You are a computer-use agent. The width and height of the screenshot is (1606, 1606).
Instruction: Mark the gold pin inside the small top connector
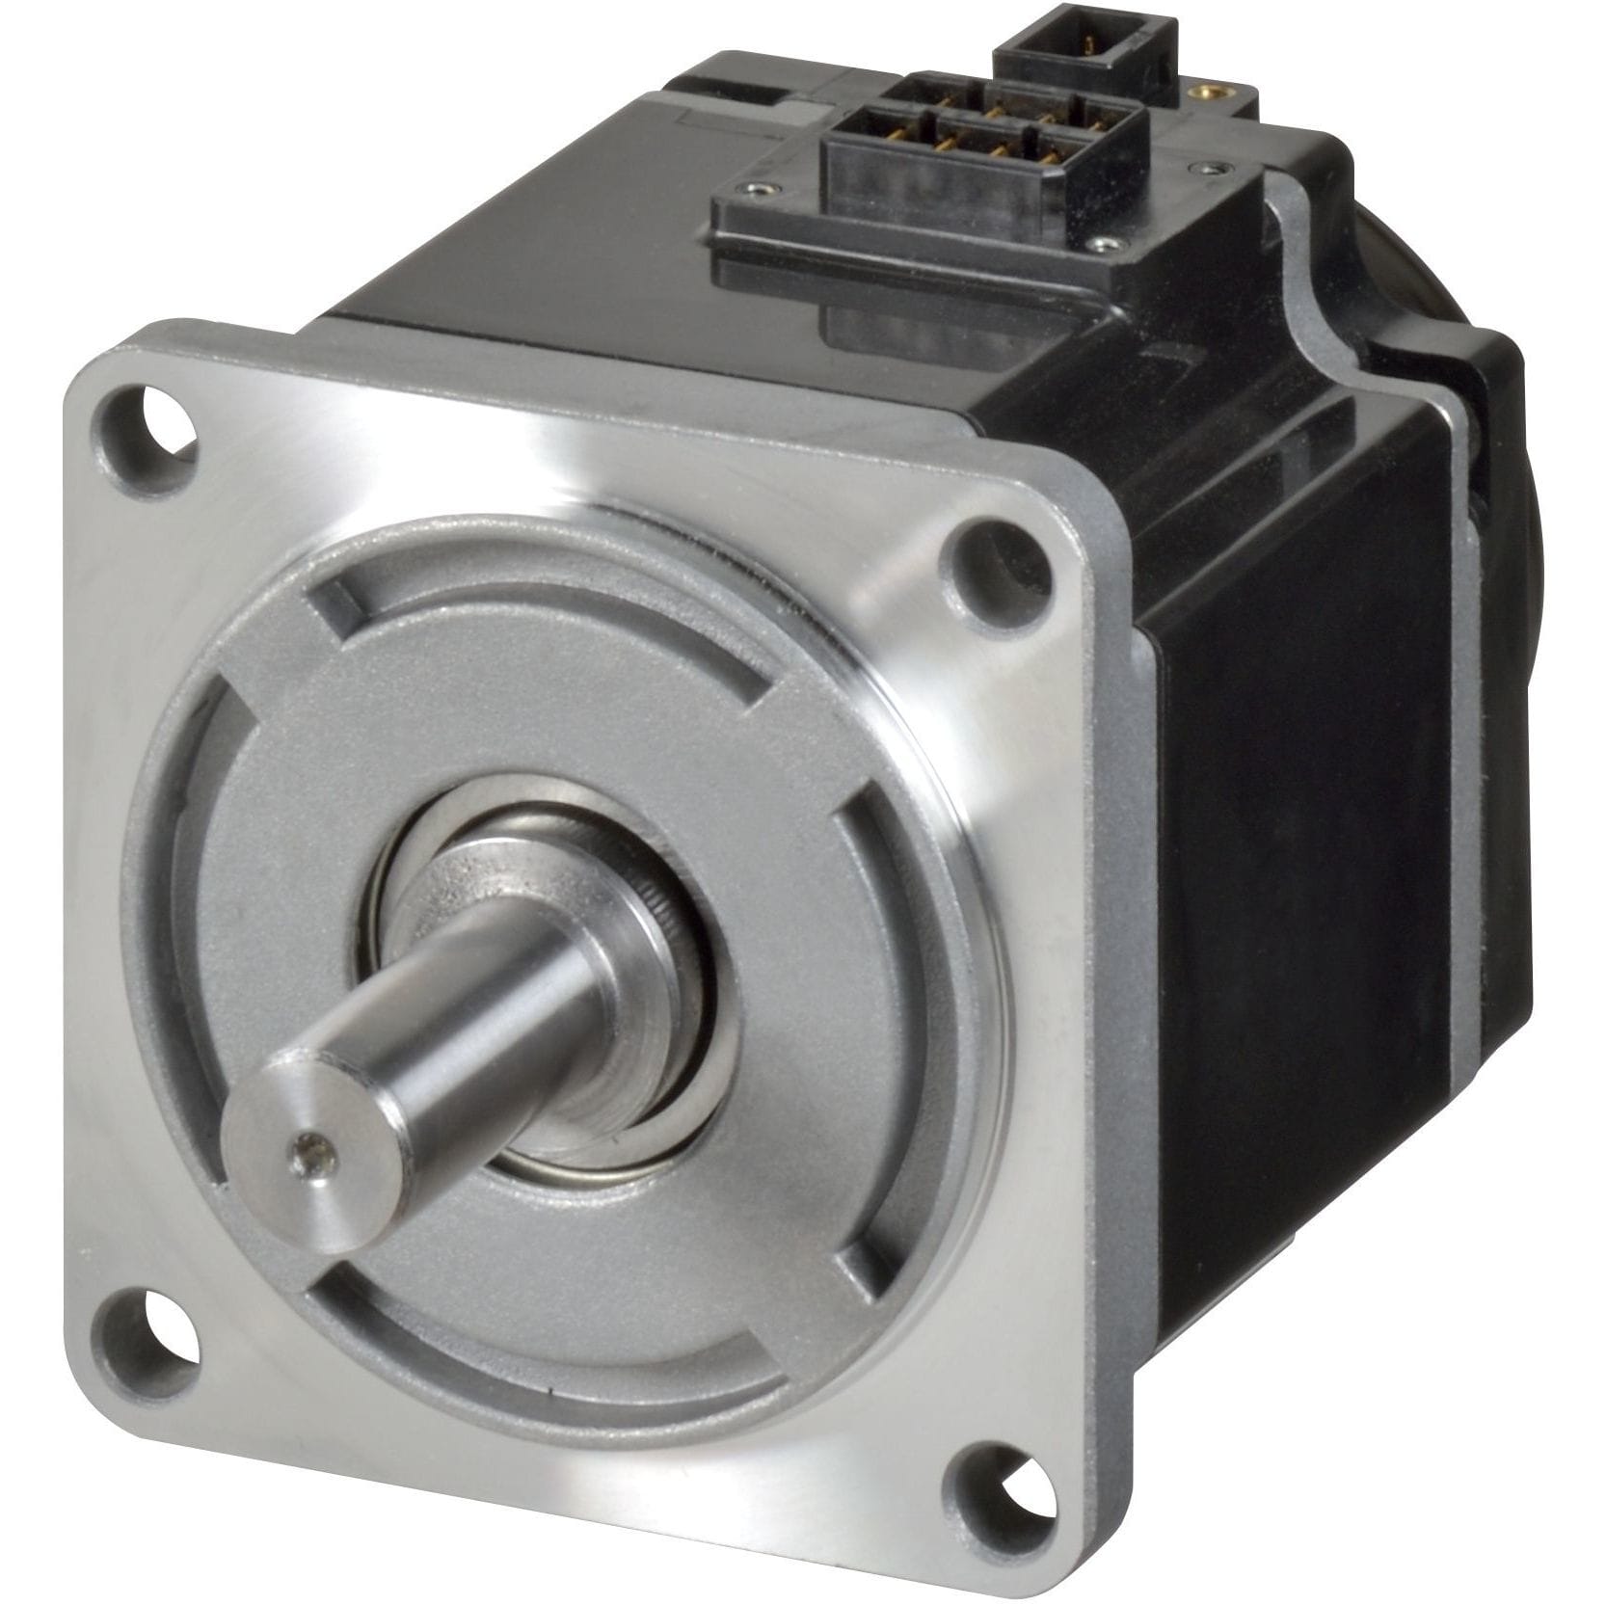click(x=1088, y=44)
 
